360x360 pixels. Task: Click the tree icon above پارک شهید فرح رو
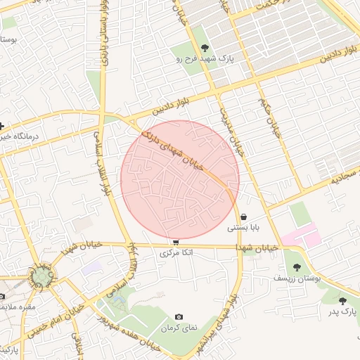[x=205, y=48]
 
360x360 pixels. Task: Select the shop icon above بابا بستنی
[x=243, y=217]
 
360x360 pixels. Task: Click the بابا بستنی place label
[x=243, y=229]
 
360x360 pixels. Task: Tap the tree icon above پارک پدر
[x=342, y=301]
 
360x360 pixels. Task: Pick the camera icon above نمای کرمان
[x=179, y=318]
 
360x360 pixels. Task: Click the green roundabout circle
[x=42, y=276]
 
